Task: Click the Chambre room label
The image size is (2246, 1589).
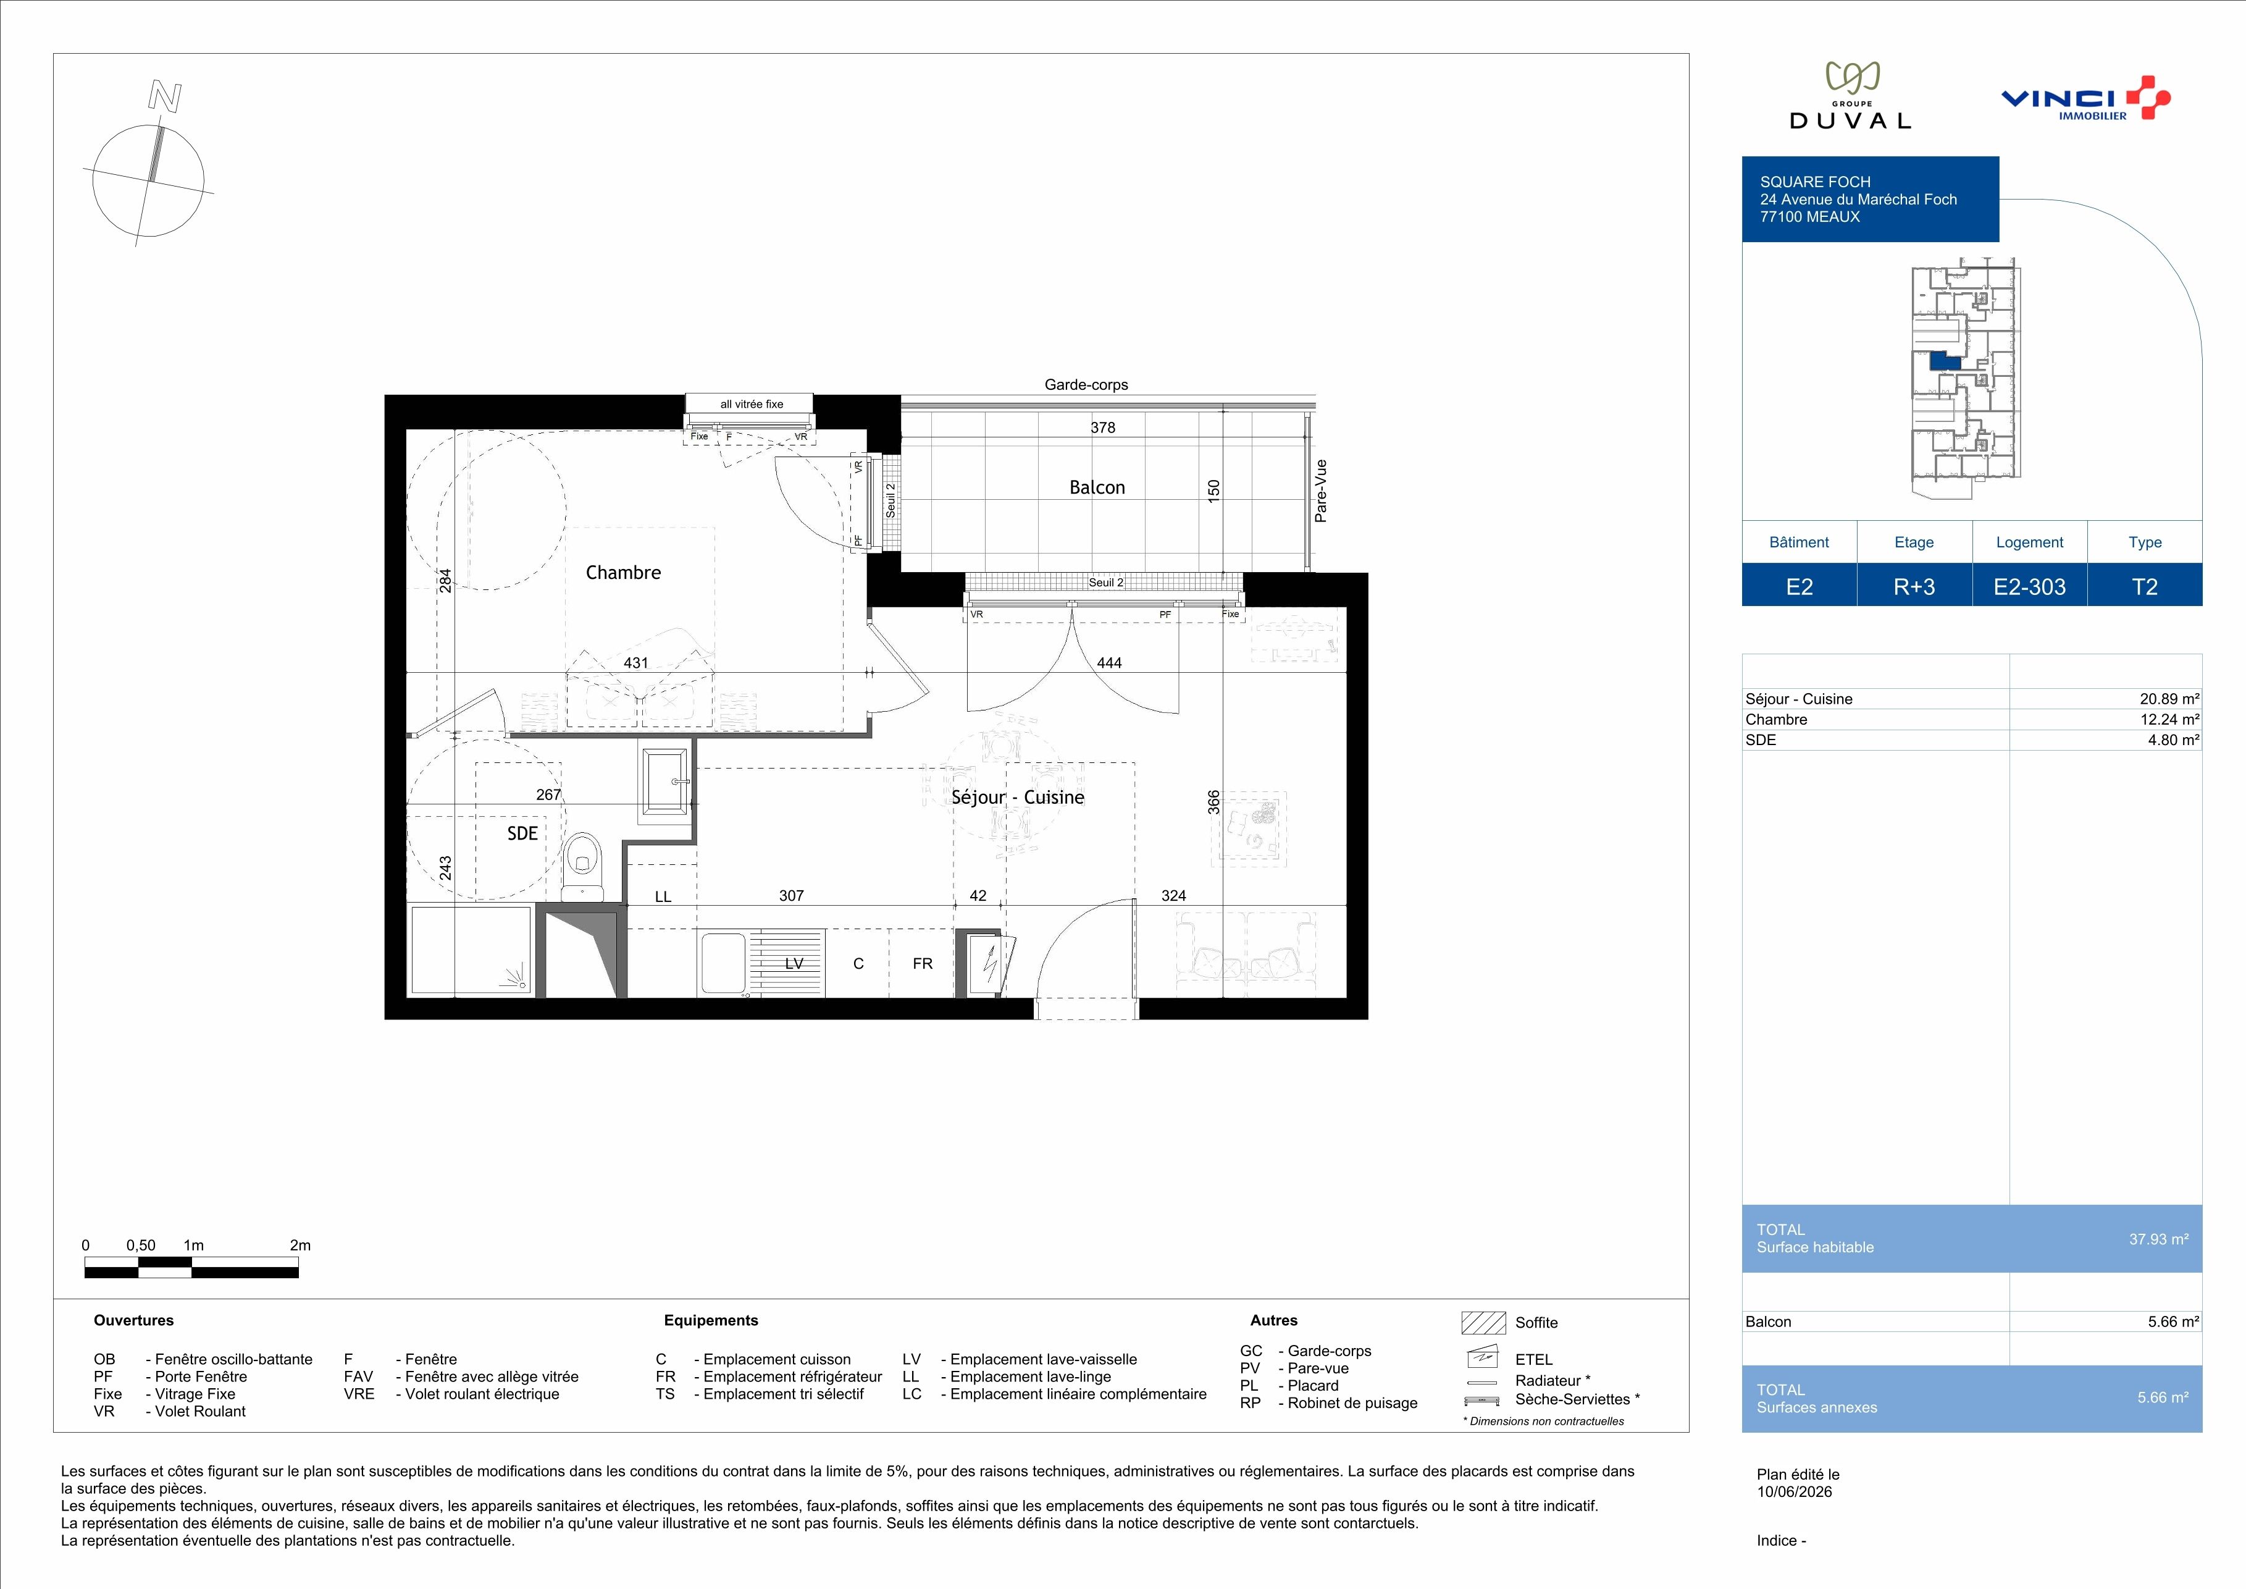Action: [623, 572]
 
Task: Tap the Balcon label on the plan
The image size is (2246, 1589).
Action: [1097, 487]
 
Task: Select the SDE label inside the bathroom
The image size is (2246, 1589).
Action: [522, 833]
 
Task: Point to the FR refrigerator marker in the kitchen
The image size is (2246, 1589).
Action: [923, 964]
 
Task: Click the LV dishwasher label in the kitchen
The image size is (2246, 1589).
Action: [794, 964]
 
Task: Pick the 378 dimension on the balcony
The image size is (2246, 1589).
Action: [1102, 428]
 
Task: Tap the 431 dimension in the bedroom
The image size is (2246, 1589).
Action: [636, 662]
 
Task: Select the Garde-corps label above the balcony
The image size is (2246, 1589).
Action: [1086, 384]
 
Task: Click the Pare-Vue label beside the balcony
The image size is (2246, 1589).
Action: [1320, 491]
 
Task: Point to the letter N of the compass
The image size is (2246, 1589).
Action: [164, 96]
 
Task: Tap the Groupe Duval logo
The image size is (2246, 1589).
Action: [1850, 96]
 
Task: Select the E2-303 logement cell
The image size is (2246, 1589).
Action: [2030, 586]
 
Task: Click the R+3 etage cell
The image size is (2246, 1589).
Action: [1914, 586]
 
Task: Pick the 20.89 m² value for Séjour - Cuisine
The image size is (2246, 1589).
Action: [2169, 699]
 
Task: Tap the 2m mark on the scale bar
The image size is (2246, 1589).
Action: [300, 1245]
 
